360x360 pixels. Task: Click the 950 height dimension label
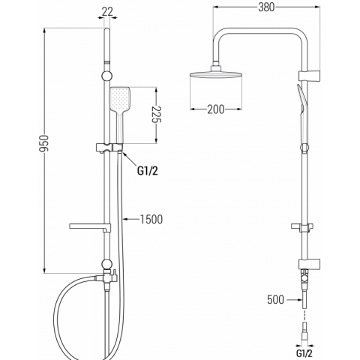tap(44, 143)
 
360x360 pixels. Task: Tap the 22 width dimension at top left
tap(108, 11)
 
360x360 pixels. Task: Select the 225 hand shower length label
tap(157, 115)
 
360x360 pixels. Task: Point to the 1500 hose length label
tap(151, 219)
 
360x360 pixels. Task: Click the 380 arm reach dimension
tap(266, 7)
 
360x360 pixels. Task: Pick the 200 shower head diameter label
tap(216, 109)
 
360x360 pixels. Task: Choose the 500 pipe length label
tap(275, 299)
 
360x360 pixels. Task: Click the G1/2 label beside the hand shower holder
tap(148, 171)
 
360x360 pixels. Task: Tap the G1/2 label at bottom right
tap(304, 353)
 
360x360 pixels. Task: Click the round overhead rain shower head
tap(216, 74)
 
